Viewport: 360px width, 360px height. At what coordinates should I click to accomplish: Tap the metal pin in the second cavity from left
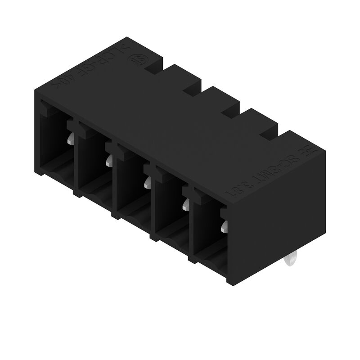pos(109,161)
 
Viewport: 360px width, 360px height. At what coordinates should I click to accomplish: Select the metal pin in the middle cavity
pos(147,182)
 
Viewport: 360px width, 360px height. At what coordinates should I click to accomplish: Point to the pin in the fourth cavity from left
pos(185,205)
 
